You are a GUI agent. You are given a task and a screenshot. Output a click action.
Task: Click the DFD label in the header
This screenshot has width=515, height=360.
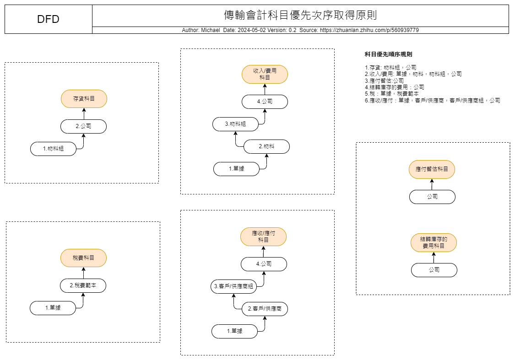[48, 19]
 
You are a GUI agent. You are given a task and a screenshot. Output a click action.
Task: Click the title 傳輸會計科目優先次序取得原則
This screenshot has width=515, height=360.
[300, 15]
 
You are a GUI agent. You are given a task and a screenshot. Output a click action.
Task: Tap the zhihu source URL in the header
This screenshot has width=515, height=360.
[369, 30]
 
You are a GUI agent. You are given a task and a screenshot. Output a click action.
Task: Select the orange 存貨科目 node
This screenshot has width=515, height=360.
[84, 99]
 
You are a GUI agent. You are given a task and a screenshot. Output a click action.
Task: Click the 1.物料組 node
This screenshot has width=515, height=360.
[53, 149]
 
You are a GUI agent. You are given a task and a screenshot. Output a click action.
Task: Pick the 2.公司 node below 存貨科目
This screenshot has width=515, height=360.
[83, 126]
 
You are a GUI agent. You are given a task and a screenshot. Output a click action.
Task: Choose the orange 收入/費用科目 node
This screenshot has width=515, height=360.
[265, 74]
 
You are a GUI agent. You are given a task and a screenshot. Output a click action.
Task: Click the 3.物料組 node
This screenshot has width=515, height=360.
[235, 124]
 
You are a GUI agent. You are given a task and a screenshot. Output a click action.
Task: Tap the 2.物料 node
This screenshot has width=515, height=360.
[267, 146]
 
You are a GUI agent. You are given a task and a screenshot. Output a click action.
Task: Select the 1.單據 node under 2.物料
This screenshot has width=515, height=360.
[237, 169]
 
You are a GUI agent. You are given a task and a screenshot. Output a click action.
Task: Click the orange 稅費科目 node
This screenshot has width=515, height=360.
[83, 258]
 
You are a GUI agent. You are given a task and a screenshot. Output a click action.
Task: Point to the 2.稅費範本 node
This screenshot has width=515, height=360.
[83, 285]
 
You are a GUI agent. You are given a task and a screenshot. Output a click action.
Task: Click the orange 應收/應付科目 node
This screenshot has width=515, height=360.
[263, 236]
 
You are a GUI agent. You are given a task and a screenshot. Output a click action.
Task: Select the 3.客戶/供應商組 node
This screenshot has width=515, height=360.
[233, 286]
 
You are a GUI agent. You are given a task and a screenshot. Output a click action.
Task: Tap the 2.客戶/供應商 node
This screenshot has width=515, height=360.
[265, 309]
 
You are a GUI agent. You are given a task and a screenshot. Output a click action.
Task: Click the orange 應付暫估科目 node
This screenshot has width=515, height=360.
[432, 169]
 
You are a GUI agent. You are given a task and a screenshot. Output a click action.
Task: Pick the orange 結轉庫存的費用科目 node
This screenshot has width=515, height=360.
[434, 242]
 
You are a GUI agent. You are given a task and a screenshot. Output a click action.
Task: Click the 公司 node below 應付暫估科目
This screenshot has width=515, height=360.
[432, 197]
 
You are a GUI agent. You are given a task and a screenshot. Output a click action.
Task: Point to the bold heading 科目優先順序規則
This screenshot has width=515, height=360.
[389, 54]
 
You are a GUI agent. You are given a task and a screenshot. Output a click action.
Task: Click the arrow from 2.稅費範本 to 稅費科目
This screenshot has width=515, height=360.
[83, 273]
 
